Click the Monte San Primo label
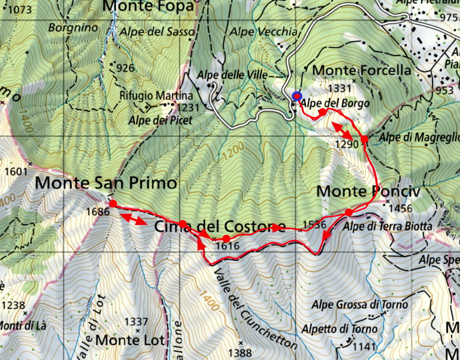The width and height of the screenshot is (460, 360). click(106, 182)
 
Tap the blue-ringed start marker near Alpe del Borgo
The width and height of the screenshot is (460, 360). click(297, 96)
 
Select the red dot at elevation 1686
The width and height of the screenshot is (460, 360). click(113, 204)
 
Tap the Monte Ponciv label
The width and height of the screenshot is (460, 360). click(368, 191)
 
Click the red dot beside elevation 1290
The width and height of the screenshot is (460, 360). click(364, 139)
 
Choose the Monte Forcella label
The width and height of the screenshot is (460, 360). click(361, 70)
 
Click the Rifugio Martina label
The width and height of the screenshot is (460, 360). click(156, 95)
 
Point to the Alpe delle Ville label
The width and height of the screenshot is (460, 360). click(233, 75)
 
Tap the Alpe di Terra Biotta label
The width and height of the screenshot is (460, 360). click(388, 226)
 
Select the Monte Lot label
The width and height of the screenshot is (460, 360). click(130, 340)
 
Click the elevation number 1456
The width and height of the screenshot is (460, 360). click(401, 208)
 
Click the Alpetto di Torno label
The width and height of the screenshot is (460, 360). click(347, 329)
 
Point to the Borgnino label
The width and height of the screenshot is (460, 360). click(73, 28)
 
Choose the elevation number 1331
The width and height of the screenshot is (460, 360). click(340, 88)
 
